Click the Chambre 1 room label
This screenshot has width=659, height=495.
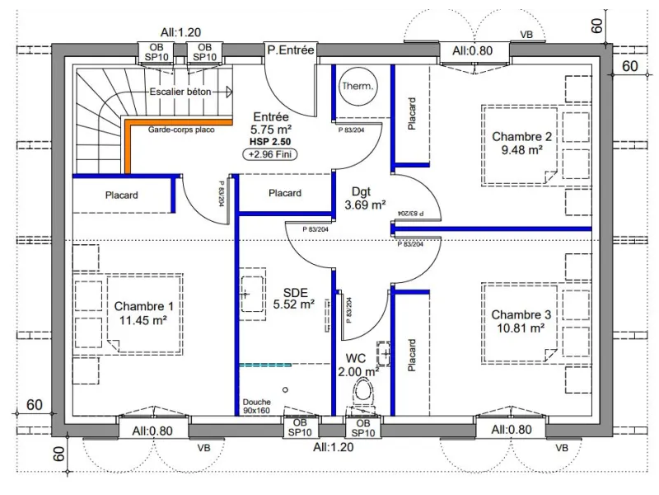(x=143, y=306)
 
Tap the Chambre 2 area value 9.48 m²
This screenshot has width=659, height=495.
(x=521, y=150)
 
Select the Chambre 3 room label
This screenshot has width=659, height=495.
(x=521, y=315)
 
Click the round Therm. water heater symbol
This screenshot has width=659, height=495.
(x=358, y=87)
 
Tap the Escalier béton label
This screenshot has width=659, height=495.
(x=180, y=92)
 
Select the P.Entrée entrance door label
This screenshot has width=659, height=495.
(x=291, y=50)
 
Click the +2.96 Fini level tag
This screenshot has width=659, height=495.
(x=270, y=154)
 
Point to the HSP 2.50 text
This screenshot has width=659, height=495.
(x=270, y=142)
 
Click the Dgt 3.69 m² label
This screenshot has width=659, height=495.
(x=365, y=198)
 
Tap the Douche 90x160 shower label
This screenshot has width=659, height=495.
(x=256, y=406)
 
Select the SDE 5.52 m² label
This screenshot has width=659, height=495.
(x=294, y=299)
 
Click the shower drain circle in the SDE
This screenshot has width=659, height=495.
(x=285, y=389)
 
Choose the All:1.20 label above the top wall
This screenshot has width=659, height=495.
(x=180, y=32)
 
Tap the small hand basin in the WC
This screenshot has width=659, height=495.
(x=384, y=354)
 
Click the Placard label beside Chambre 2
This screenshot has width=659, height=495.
(x=412, y=114)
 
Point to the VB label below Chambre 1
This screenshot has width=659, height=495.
(x=203, y=448)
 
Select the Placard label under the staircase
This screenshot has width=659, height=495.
(x=121, y=196)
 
